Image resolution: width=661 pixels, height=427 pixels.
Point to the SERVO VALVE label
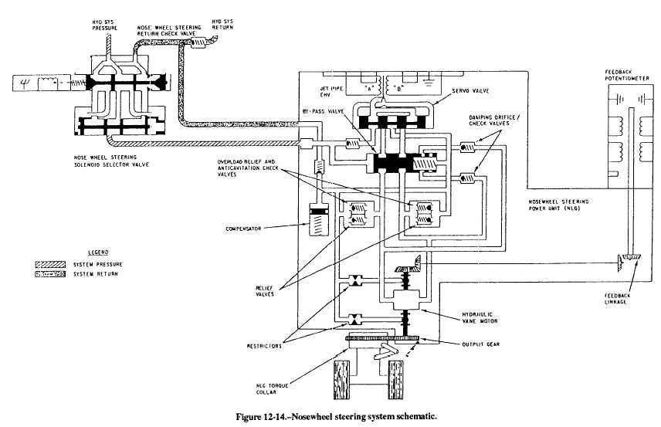448,91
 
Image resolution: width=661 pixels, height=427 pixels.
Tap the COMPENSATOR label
246,228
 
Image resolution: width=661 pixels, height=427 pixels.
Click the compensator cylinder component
318,220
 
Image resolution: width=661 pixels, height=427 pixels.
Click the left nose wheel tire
342,379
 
